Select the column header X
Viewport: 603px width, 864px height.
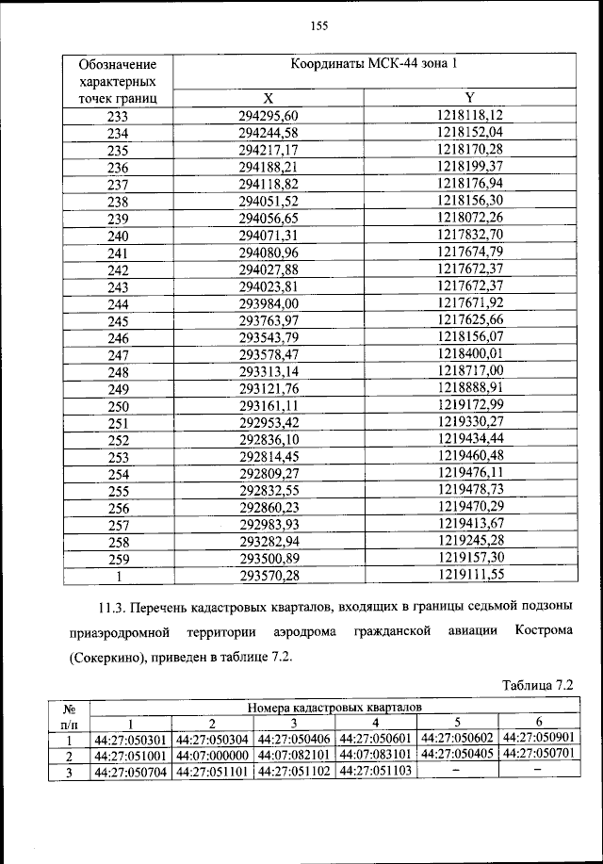tap(269, 98)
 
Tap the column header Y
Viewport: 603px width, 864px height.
tap(470, 98)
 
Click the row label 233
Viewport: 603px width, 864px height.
tap(118, 117)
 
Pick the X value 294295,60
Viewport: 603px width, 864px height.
tap(269, 117)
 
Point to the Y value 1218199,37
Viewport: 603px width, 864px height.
tap(470, 167)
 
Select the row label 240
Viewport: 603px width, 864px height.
tap(118, 236)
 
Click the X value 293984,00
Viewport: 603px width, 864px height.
tap(269, 303)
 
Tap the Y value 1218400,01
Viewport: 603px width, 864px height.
tap(470, 354)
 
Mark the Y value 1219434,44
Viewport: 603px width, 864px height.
tap(470, 439)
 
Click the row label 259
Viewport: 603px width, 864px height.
tap(118, 558)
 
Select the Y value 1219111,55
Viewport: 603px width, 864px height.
tap(470, 575)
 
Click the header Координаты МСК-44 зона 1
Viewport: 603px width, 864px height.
tap(374, 65)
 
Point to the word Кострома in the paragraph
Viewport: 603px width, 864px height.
tap(541, 630)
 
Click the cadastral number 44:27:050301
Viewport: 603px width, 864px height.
tap(131, 739)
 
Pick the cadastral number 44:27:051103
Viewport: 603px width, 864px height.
tap(376, 771)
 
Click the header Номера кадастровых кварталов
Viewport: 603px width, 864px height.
tap(334, 706)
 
